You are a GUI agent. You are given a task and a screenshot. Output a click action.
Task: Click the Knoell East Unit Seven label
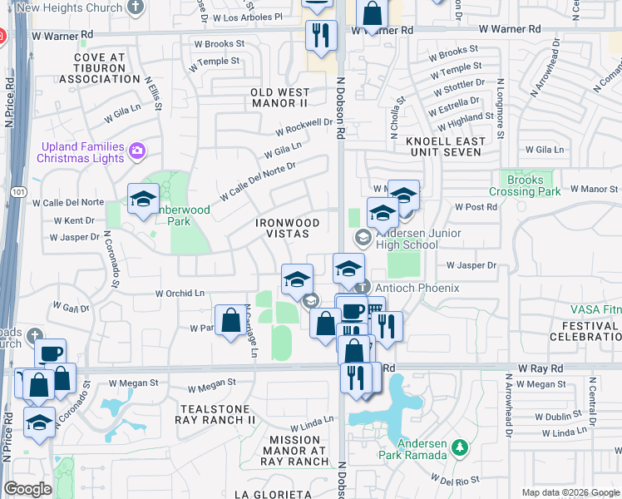444,146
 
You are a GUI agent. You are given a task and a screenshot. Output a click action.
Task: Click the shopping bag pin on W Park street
230,321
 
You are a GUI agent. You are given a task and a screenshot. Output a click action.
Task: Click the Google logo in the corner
27,489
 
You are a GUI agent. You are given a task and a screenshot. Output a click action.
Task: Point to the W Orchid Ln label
180,294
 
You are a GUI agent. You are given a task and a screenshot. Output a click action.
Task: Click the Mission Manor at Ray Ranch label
295,450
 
